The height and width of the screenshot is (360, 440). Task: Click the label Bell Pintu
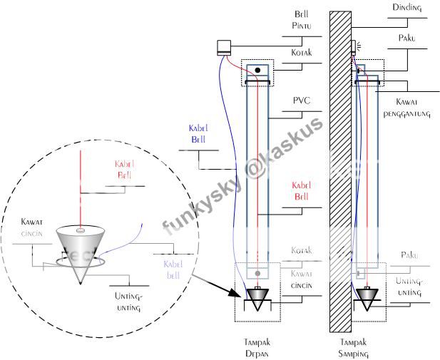(302, 20)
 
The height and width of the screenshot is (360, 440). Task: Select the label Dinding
(406, 8)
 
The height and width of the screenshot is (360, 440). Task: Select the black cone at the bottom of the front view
(257, 294)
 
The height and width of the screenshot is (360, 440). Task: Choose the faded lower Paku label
(408, 254)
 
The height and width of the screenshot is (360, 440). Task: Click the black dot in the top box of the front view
(257, 71)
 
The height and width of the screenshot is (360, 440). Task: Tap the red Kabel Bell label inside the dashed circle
(124, 170)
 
